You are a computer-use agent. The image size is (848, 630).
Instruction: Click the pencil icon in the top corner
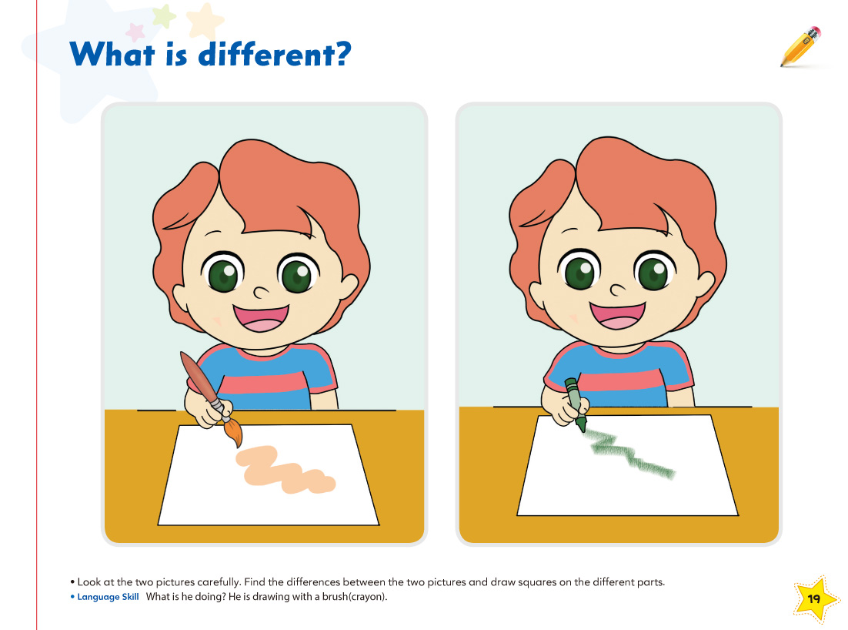800,46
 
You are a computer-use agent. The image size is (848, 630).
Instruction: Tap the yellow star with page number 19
814,598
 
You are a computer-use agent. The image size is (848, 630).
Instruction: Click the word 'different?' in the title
275,54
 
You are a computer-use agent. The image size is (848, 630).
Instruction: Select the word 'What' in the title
112,54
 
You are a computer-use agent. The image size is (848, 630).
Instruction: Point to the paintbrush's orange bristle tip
234,434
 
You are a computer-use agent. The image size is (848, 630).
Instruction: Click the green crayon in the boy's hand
576,404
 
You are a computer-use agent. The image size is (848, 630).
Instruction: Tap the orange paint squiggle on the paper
285,470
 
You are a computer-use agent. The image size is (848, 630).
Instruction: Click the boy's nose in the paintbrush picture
261,292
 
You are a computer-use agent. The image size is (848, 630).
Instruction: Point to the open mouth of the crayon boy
618,316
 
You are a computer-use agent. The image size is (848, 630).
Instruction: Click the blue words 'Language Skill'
109,597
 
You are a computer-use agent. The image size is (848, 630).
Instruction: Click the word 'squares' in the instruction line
536,583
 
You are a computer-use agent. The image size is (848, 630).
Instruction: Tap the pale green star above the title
164,15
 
